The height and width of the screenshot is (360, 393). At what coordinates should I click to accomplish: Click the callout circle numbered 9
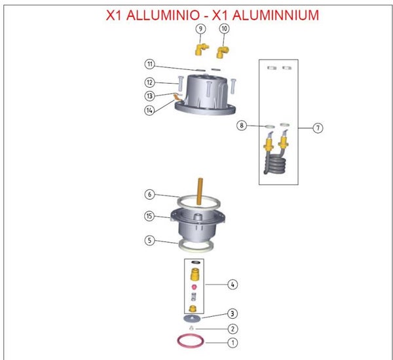click(200, 29)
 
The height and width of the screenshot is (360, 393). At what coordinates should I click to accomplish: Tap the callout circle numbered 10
click(224, 29)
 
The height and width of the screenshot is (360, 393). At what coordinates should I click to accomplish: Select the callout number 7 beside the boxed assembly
click(318, 128)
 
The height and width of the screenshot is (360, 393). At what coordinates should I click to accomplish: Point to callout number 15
click(149, 216)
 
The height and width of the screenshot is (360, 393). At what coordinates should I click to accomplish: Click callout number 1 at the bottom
click(233, 342)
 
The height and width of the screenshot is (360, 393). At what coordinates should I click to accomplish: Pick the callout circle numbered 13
click(149, 96)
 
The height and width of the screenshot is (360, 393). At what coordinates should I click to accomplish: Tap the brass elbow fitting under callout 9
click(201, 49)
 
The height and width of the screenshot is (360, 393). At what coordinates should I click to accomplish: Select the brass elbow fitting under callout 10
click(222, 52)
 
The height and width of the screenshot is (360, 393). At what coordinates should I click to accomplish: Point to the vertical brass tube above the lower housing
click(200, 191)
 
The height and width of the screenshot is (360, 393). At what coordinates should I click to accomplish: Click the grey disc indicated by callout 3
click(192, 318)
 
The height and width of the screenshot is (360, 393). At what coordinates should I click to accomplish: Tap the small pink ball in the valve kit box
click(194, 287)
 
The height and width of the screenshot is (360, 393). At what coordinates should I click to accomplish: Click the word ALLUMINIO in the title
click(163, 15)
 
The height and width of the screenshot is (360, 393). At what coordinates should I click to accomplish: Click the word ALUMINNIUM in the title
click(276, 15)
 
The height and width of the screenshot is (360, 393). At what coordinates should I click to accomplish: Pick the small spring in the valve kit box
click(193, 297)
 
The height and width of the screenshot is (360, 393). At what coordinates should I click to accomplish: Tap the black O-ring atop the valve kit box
click(196, 262)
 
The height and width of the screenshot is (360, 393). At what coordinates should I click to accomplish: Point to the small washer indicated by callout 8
click(270, 126)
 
